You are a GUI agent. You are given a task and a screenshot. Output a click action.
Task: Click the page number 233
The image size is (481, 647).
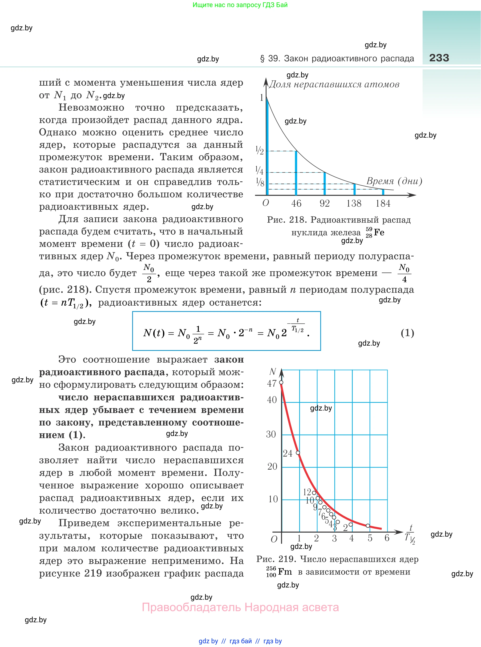[x=439, y=58]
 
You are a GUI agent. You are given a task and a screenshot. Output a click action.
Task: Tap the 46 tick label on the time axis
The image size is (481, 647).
[x=296, y=203]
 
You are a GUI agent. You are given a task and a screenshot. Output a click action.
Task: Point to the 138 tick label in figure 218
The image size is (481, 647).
[x=354, y=203]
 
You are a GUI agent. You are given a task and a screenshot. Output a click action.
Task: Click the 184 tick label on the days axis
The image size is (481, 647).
[x=383, y=203]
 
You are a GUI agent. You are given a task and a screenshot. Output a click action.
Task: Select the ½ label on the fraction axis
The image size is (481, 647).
[x=259, y=151]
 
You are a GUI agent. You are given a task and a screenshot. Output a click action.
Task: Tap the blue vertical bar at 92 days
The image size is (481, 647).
[x=325, y=184]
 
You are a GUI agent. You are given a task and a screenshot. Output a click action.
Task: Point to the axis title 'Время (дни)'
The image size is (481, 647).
[x=394, y=181]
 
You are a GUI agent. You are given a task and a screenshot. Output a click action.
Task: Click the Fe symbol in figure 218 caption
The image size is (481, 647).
[x=379, y=232]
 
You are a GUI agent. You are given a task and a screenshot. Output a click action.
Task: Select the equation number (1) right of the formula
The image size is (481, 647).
[x=407, y=333]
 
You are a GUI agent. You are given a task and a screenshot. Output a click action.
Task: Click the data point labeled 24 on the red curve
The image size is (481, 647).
[x=298, y=453]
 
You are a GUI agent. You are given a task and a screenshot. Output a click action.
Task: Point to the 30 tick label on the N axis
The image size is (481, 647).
[x=271, y=434]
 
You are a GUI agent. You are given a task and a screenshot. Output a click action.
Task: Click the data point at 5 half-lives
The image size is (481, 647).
[x=368, y=526]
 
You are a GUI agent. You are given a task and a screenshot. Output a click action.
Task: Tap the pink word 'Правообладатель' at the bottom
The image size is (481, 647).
[x=191, y=607]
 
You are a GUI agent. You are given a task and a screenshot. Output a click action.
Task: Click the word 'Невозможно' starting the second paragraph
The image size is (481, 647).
[x=91, y=108]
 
